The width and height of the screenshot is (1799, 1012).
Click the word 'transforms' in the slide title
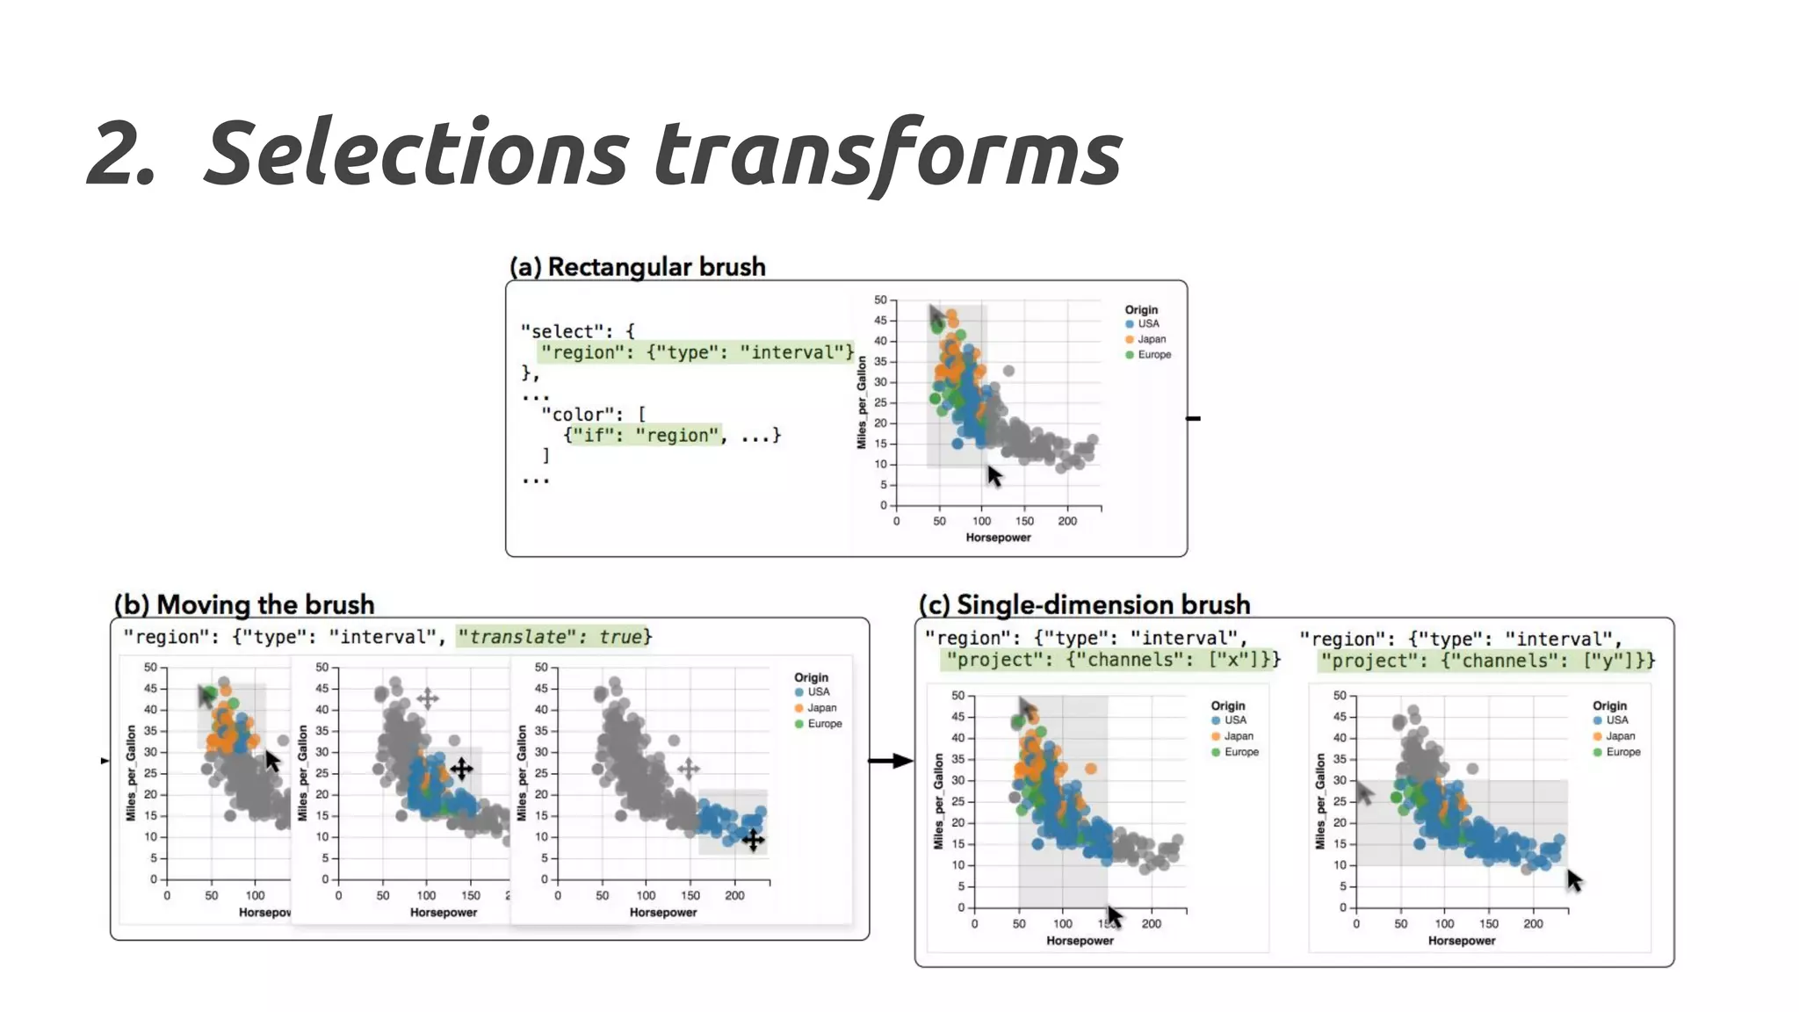click(887, 154)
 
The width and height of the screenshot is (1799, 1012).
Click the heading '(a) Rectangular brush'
click(638, 267)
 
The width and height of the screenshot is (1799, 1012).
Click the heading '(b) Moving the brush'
click(244, 605)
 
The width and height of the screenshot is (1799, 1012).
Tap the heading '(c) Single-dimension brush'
click(1084, 605)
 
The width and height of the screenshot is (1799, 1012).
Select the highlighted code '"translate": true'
click(553, 637)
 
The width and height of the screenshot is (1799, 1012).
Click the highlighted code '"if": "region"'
click(645, 436)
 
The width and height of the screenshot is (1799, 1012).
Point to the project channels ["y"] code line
click(1486, 661)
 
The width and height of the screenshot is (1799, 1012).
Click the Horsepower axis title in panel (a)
click(998, 538)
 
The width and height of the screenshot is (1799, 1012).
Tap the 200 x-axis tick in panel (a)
click(1066, 521)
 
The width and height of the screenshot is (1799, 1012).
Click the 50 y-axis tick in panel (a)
click(880, 300)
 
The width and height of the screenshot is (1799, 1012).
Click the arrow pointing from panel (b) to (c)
click(891, 761)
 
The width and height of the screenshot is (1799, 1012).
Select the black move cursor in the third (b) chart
click(753, 840)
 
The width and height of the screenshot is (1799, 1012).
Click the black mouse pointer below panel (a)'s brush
click(994, 476)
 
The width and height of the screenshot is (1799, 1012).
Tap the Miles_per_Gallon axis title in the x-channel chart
click(938, 800)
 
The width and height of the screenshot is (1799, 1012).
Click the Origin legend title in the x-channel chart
click(1227, 705)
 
